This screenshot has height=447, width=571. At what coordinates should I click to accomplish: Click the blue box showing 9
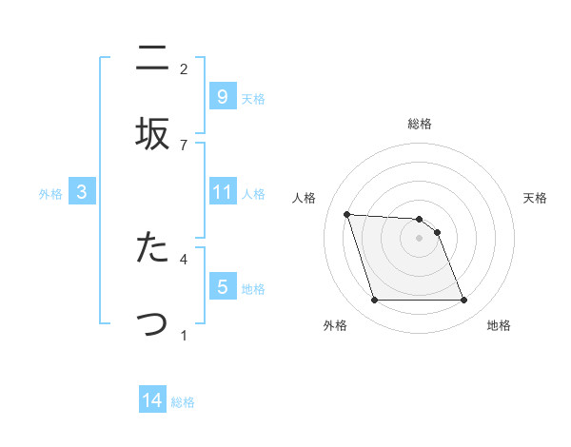coord(222,96)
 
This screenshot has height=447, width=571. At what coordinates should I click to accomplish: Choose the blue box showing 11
coord(222,192)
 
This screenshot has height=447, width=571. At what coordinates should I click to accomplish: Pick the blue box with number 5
coord(222,286)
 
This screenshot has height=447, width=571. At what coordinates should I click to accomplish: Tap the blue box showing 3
coord(82,192)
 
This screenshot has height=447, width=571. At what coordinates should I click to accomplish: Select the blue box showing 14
coord(151,400)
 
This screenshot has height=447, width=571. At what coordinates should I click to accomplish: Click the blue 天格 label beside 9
coord(253,98)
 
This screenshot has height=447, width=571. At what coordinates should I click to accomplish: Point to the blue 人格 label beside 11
coord(253,193)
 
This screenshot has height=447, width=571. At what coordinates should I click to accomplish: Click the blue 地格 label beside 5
coord(253,288)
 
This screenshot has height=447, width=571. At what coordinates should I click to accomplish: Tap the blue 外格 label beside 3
coord(50,193)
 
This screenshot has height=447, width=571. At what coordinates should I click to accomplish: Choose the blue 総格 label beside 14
coord(183,402)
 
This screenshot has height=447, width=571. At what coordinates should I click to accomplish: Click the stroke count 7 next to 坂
coord(184,145)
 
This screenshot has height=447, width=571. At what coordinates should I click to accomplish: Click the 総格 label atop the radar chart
coord(420,124)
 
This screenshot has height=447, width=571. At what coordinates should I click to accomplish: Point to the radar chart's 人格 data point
coord(347,214)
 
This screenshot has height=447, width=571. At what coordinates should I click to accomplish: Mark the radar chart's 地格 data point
coord(463,301)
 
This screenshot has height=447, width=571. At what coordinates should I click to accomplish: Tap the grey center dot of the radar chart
coord(419,238)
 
